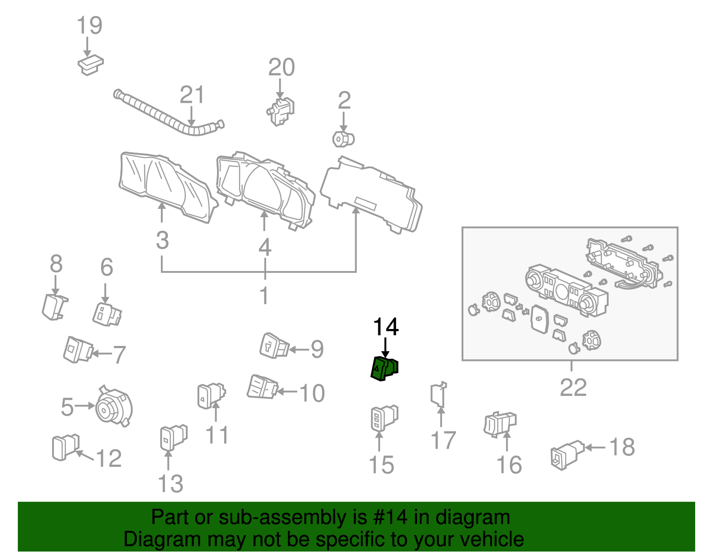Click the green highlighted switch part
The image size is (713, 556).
pos(384,369)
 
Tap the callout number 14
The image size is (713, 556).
pos(385,328)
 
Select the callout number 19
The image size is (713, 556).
pos(90,25)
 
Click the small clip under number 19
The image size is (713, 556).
pos(90,65)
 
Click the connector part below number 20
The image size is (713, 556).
pos(281,111)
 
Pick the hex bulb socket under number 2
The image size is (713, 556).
pos(343,139)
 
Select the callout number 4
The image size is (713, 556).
pos(265,247)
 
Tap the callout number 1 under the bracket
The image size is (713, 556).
pos(264,295)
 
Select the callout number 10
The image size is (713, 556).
pos(312,393)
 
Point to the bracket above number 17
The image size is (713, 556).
pos(439,394)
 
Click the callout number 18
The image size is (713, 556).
pos(622,447)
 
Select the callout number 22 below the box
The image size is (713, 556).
pos(573,387)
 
